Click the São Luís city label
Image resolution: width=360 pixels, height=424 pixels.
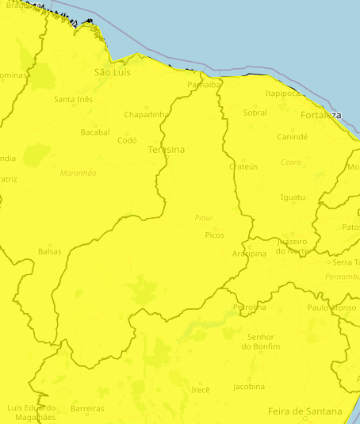pyautogui.click(x=112, y=72)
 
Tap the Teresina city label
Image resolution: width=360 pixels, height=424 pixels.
pyautogui.click(x=167, y=150)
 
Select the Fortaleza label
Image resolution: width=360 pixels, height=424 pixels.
pyautogui.click(x=321, y=115)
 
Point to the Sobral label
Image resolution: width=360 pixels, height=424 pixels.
pyautogui.click(x=255, y=113)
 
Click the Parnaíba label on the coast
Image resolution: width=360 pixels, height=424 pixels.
pyautogui.click(x=204, y=85)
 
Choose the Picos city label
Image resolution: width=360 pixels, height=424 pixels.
pyautogui.click(x=215, y=235)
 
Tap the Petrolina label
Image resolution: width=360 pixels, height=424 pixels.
pyautogui.click(x=250, y=307)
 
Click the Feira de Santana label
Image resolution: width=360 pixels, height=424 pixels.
pyautogui.click(x=305, y=411)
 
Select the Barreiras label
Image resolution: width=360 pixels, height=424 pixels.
pyautogui.click(x=87, y=409)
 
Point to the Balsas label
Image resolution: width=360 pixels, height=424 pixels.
pyautogui.click(x=49, y=251)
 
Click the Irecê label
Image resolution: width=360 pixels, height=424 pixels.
pyautogui.click(x=201, y=390)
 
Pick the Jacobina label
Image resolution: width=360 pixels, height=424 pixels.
pyautogui.click(x=249, y=387)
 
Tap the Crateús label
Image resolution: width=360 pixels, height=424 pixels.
pyautogui.click(x=243, y=166)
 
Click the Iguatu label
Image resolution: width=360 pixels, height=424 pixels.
pyautogui.click(x=293, y=197)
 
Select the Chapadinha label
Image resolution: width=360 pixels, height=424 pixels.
pyautogui.click(x=147, y=114)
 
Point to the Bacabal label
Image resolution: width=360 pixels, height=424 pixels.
pyautogui.click(x=95, y=132)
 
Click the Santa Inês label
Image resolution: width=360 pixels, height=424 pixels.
pyautogui.click(x=73, y=99)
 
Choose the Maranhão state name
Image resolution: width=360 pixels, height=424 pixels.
pyautogui.click(x=79, y=173)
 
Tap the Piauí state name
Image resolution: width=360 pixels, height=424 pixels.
pyautogui.click(x=204, y=217)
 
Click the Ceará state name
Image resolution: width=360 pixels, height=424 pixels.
pyautogui.click(x=291, y=162)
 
